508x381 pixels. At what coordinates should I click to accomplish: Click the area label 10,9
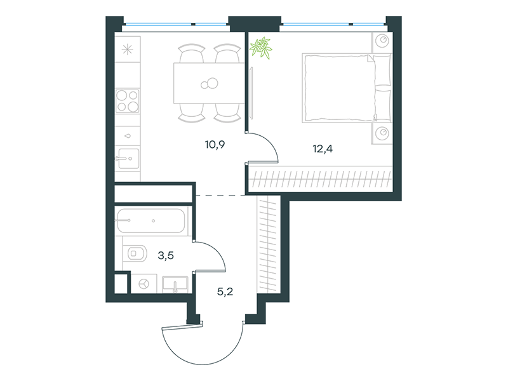coord(215,145)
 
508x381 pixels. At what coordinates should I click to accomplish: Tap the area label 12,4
coord(323,149)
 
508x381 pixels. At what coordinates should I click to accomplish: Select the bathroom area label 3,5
coord(166,256)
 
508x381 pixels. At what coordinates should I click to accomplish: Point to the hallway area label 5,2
coord(225,292)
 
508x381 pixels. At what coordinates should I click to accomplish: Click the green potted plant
coord(261,48)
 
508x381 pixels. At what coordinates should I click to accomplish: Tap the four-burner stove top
coord(128,101)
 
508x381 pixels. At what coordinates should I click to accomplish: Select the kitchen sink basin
coord(128,159)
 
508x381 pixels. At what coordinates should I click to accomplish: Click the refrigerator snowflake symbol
coord(128,50)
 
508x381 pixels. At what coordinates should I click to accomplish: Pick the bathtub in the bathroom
coord(151,220)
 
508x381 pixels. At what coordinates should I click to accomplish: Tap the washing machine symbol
coord(144,284)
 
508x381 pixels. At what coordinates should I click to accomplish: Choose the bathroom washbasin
coord(175,284)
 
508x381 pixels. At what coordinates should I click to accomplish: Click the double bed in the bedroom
coord(347,88)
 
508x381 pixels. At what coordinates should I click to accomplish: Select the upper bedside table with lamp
coord(382,42)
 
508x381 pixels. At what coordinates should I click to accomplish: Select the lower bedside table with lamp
coord(382,133)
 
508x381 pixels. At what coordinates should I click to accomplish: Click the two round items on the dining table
coord(210,84)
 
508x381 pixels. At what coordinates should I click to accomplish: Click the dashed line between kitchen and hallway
coord(220,195)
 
